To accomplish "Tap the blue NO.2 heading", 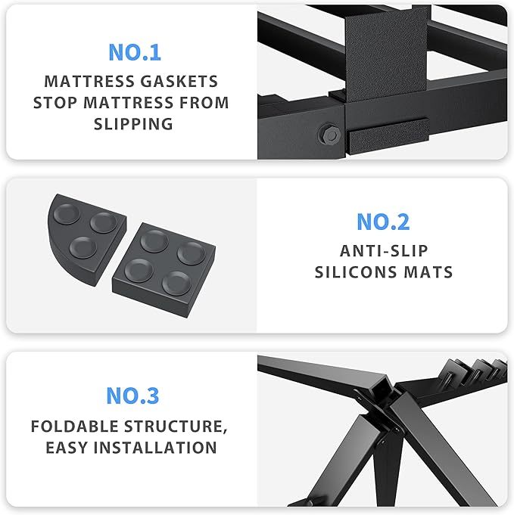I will click(x=383, y=222).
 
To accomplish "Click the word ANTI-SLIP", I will click(x=383, y=250).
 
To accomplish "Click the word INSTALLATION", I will click(x=159, y=448).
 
